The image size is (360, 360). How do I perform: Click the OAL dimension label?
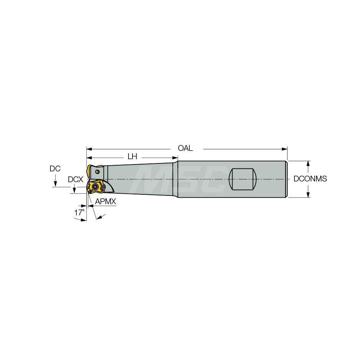coord(185,148)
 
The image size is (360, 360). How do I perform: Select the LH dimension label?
coord(132,157)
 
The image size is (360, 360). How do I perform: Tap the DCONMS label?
coord(310,179)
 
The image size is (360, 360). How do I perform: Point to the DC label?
coord(55,168)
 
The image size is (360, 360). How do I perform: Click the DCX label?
coord(75,179)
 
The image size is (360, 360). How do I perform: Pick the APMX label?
coord(106,202)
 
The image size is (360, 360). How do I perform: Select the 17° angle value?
coord(79,212)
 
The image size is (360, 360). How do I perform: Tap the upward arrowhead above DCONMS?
coord(308,163)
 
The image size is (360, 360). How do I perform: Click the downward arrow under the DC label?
coord(55,184)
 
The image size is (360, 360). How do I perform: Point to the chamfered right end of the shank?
coord(287,179)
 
